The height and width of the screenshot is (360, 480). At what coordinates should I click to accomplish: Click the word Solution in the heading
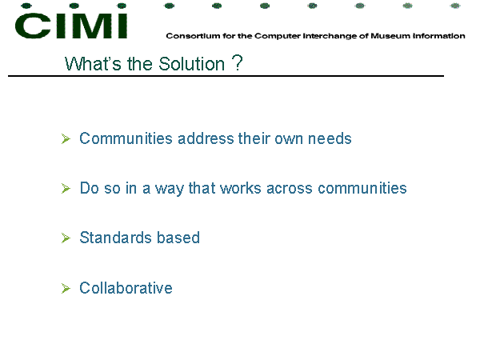coord(192,64)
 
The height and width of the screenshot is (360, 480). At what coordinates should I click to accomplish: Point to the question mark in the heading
coord(238,63)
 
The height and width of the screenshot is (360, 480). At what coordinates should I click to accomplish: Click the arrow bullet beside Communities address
coord(66,138)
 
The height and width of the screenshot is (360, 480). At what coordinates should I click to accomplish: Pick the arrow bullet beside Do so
coord(66,188)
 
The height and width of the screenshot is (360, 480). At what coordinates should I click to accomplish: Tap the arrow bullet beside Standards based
coord(66,238)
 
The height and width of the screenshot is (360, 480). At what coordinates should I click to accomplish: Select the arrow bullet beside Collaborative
coord(66,288)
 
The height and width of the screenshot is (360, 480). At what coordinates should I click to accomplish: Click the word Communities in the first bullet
coord(126,138)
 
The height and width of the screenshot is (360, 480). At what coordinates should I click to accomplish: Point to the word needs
coord(330,138)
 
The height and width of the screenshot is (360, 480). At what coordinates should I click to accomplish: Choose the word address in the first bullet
coord(206,138)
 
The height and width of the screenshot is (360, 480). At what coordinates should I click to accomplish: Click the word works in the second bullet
coord(240,188)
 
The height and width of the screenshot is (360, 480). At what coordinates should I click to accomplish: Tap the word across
coord(290,189)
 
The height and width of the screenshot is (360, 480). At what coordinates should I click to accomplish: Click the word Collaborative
coord(126,288)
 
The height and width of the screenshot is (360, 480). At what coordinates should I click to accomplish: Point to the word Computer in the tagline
coord(278,36)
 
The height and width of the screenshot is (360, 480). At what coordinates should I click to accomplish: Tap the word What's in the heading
coord(93,64)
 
